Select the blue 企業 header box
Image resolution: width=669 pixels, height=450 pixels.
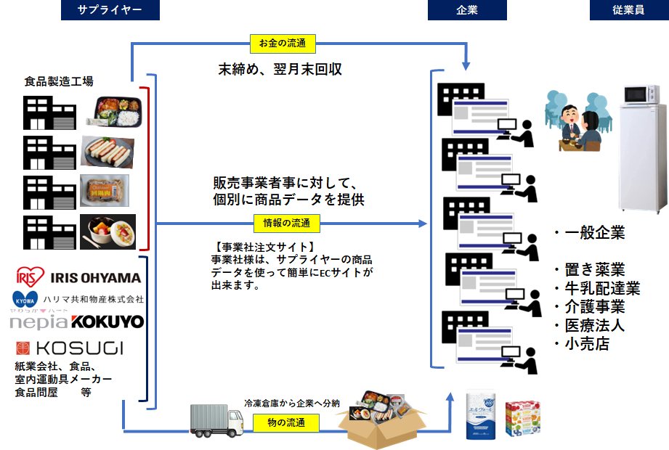tap(467, 10)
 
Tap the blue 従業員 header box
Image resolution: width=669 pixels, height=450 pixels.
tap(628, 10)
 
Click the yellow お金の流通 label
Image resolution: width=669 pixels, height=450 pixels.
tap(282, 44)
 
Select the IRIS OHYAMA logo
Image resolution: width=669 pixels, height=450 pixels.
tap(78, 277)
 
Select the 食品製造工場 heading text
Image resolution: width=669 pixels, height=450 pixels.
tap(58, 81)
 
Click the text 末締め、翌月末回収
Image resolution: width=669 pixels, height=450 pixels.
tap(280, 70)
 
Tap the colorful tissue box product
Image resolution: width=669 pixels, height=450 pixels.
tap(524, 419)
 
